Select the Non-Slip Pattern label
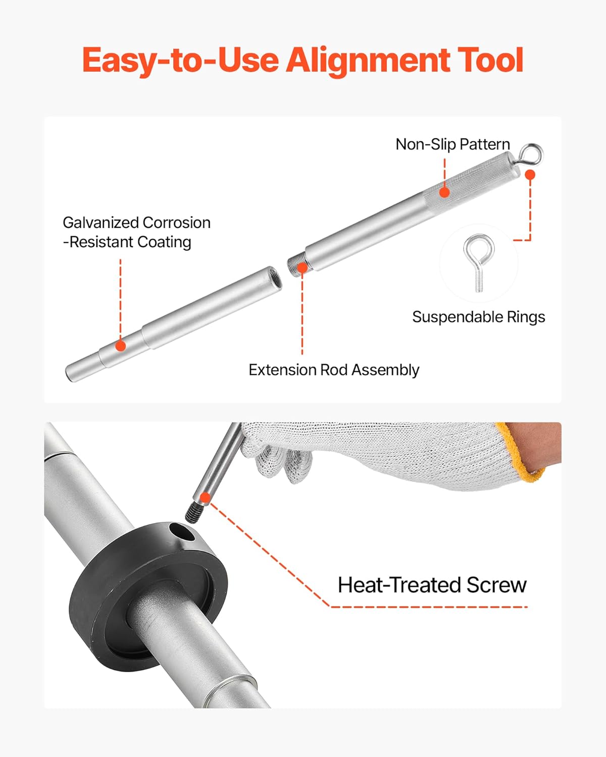[x=452, y=144]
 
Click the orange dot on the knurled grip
[x=444, y=192]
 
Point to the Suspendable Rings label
[x=478, y=317]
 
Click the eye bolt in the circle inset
[x=478, y=261]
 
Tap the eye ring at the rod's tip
[x=532, y=153]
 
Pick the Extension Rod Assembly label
[x=334, y=370]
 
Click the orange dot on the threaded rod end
[x=302, y=267]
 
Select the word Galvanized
[x=100, y=223]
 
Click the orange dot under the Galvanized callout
[x=120, y=346]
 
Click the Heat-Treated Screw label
[x=432, y=585]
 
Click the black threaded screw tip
[x=192, y=514]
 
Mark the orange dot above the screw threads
[x=205, y=498]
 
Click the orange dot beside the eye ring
[x=530, y=175]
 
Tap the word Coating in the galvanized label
[x=164, y=242]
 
